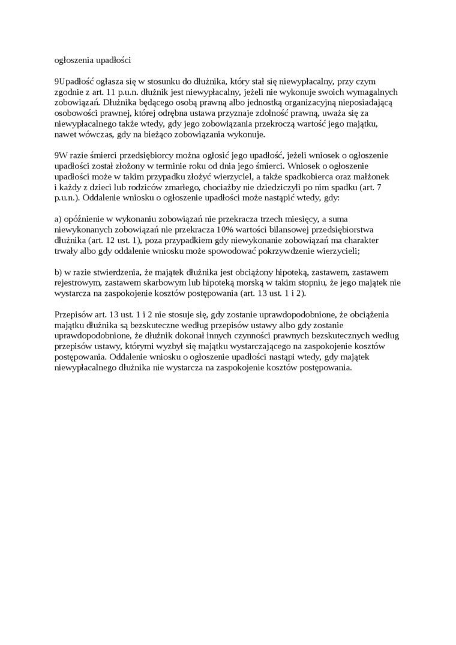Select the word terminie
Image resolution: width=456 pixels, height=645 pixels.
[191, 167]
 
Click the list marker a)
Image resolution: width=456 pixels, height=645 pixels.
[58, 221]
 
